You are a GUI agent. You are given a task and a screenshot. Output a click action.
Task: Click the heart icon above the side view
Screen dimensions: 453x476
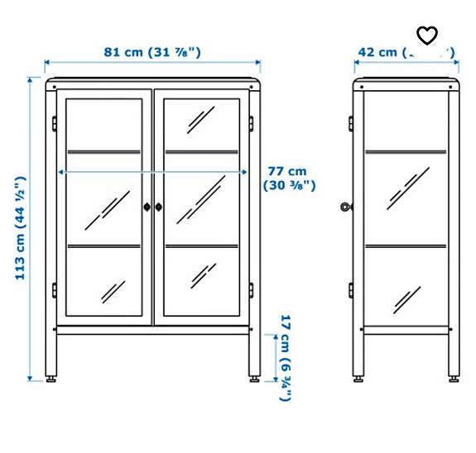point(426,35)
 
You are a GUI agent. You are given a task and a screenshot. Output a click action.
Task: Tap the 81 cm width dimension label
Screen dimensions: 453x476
point(152,52)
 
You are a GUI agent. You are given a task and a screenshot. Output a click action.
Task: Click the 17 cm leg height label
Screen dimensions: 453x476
point(285,358)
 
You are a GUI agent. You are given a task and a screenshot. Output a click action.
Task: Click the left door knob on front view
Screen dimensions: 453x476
point(147,207)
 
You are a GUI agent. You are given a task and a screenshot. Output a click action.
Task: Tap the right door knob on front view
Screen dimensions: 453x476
point(159,207)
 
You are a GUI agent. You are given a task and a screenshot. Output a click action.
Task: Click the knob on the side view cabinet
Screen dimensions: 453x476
point(345,207)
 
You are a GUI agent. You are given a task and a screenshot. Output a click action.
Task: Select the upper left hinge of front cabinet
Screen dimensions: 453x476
point(54,122)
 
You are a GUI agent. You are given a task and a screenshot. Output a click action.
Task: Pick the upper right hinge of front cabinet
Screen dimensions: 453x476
point(252,122)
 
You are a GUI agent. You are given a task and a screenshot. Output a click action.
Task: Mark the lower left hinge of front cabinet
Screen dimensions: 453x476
point(54,290)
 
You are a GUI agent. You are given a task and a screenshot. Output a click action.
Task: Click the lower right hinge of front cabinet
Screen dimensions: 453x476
point(252,290)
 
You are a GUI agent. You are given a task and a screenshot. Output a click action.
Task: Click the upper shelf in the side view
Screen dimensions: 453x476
point(406,151)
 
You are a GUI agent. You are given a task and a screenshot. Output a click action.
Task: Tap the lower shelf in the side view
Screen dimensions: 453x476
point(406,246)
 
